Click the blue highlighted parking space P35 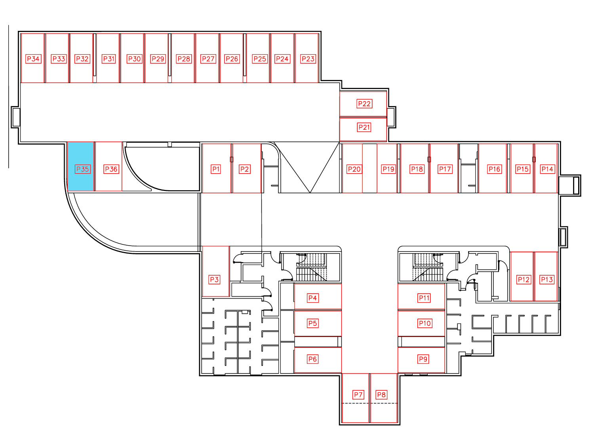81,167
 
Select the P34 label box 33,59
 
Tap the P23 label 308,59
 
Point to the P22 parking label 364,104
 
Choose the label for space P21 364,127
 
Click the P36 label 111,169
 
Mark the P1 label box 216,169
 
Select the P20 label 354,169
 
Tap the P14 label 547,169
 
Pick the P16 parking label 495,169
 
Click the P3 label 214,279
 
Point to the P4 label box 312,298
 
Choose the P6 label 312,359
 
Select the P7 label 358,395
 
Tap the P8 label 381,395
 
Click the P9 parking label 423,359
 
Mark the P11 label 424,298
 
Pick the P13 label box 546,279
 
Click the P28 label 184,59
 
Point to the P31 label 109,59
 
